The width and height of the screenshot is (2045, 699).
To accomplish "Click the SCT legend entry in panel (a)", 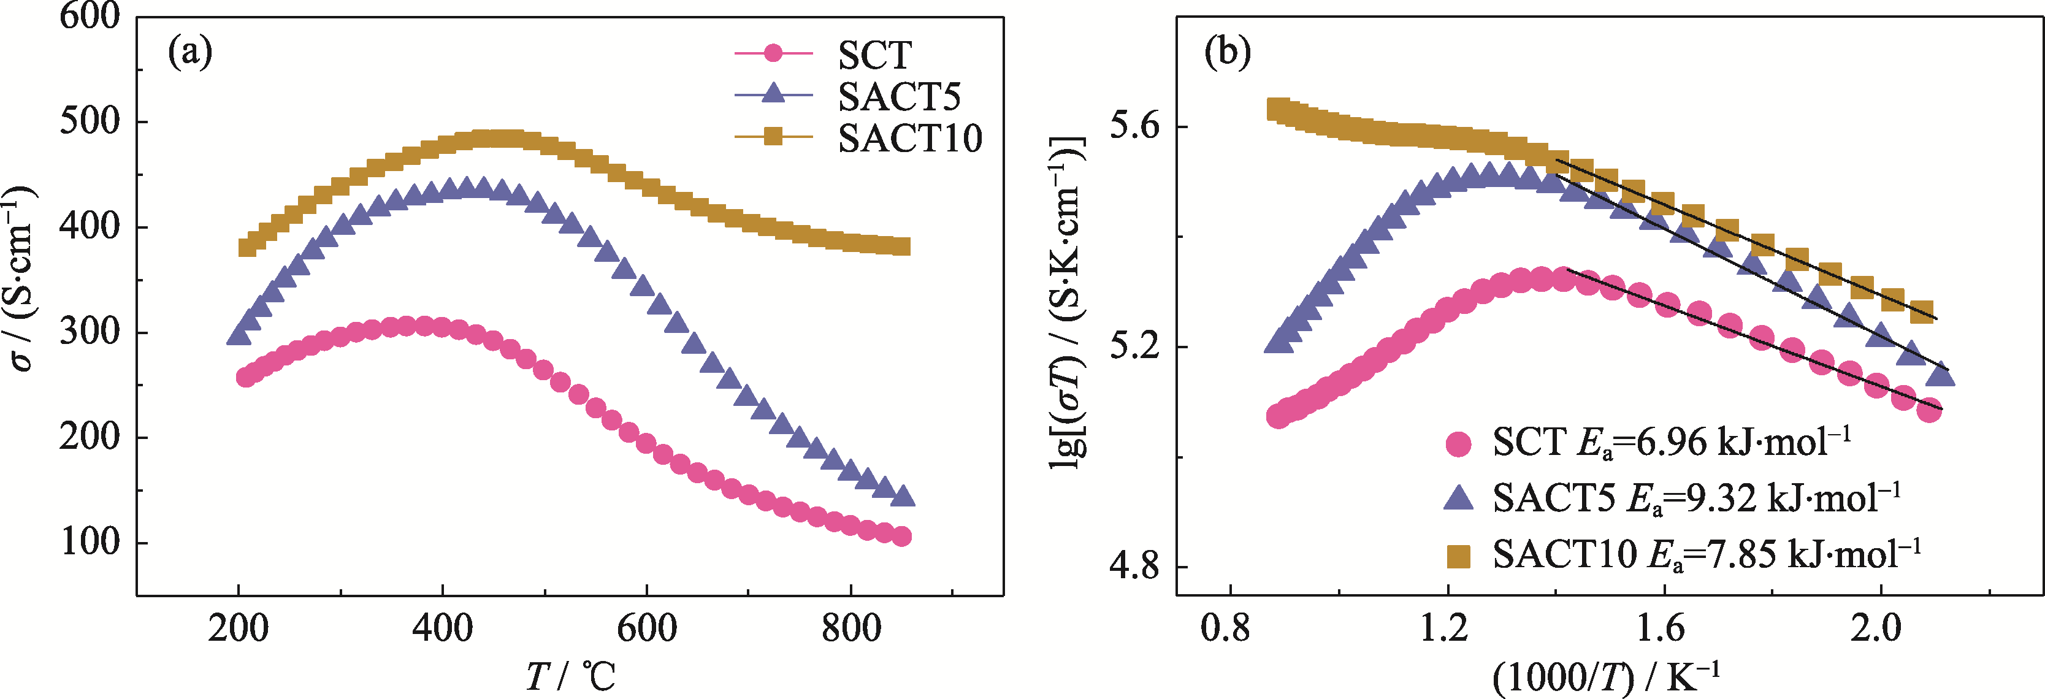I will coord(874,55).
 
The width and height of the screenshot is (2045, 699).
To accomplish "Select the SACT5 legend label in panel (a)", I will coord(899,97).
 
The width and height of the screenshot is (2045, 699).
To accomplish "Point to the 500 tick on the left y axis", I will coord(89,121).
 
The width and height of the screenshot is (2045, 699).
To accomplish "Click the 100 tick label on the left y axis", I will coord(89,543).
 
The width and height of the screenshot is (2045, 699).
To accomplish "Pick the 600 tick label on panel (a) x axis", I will coord(647,629).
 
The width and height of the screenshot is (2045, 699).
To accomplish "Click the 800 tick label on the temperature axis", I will coord(851,629).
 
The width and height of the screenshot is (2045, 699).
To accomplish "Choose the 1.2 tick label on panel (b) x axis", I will coord(1447,629).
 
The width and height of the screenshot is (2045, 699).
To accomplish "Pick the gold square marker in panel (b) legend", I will coord(1458,556).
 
